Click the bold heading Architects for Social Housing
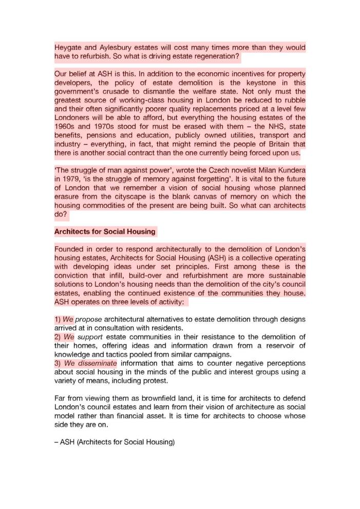tap(105, 231)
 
